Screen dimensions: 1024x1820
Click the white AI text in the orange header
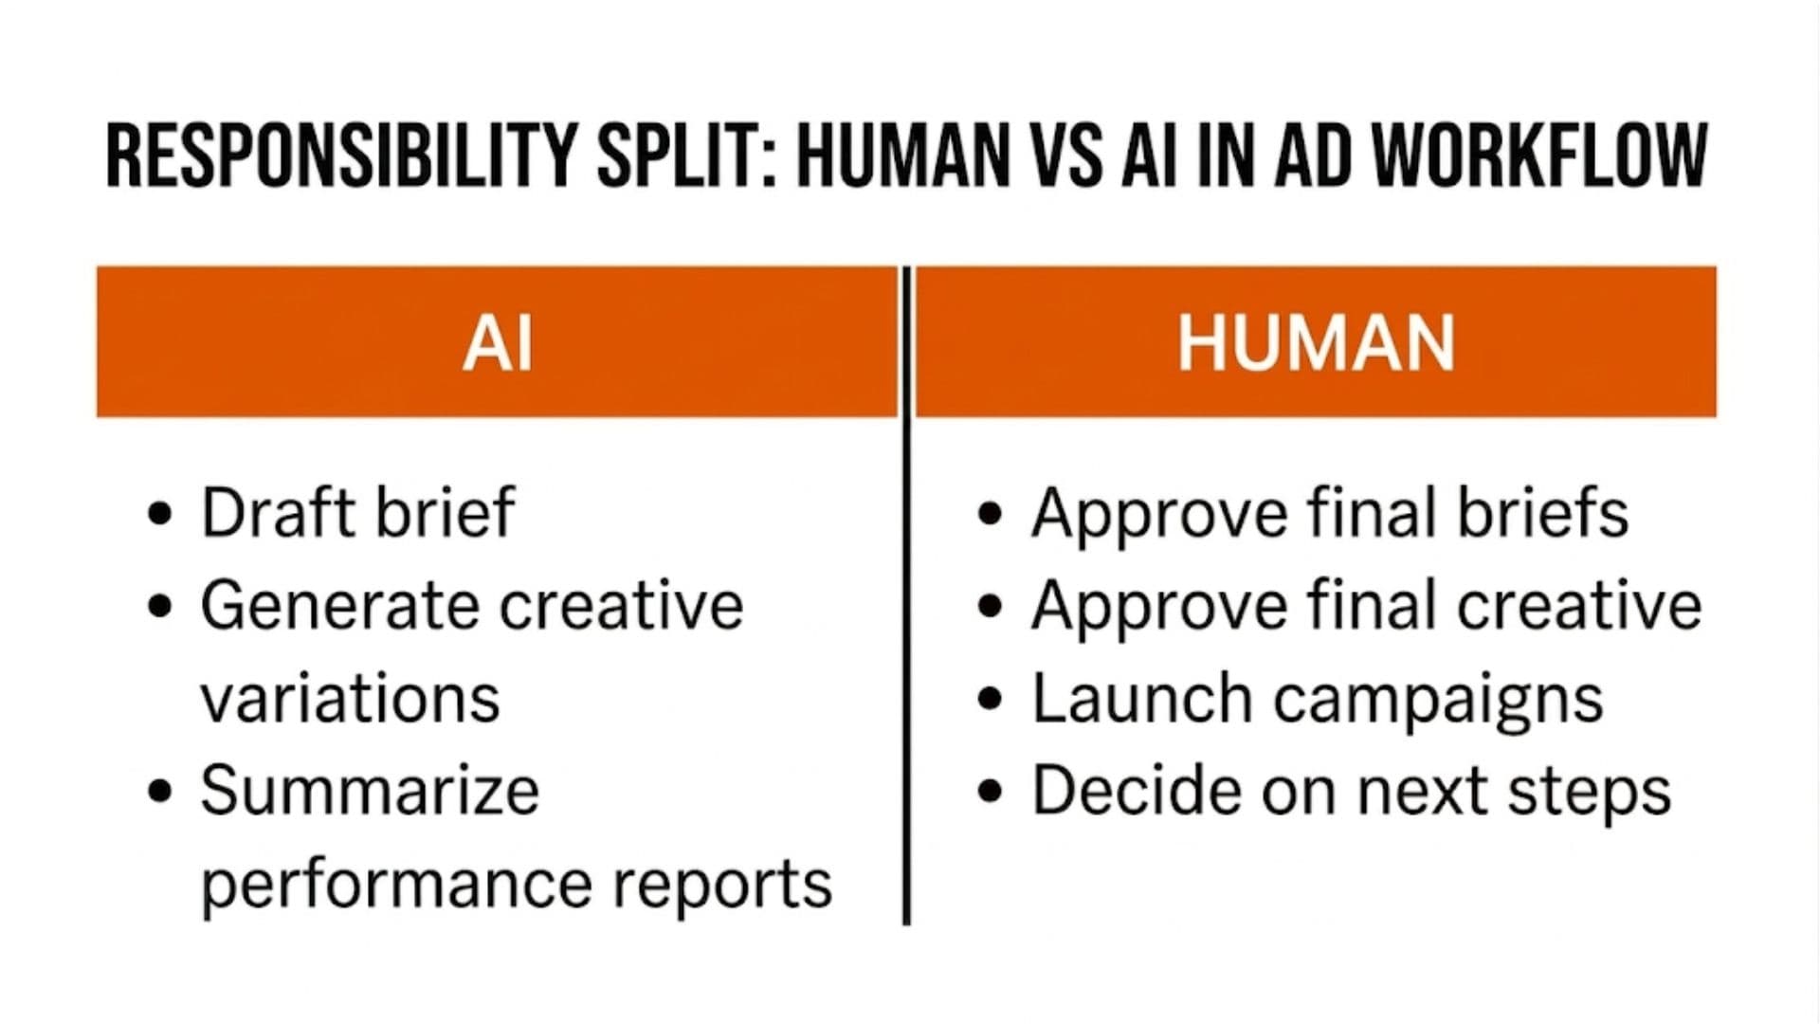(x=498, y=343)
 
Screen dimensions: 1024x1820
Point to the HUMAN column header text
(x=1316, y=343)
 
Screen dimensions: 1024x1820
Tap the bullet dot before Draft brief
(x=161, y=515)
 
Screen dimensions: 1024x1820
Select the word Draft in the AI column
(x=279, y=513)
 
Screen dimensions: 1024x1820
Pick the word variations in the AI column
(x=350, y=699)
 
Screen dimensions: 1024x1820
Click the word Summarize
(x=370, y=791)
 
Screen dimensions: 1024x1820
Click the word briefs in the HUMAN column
(x=1542, y=513)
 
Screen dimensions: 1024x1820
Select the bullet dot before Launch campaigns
(x=990, y=700)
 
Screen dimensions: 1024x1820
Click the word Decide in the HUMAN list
(x=1137, y=791)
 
